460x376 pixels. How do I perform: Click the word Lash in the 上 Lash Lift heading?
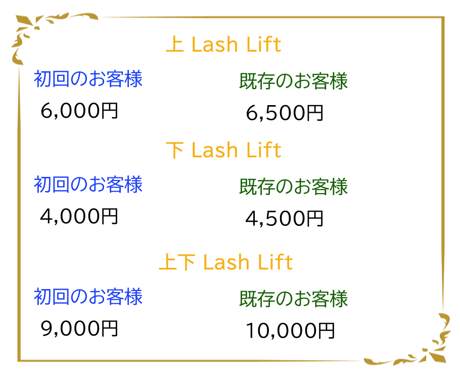[x=215, y=45]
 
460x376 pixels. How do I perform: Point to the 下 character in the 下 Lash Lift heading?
[x=175, y=150]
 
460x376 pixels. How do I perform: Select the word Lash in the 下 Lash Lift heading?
[x=215, y=151]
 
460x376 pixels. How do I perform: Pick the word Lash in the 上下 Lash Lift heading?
[x=226, y=263]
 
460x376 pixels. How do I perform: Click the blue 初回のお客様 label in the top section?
[x=88, y=79]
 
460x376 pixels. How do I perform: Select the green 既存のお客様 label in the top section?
[x=293, y=81]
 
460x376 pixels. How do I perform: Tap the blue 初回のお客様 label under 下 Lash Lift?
[x=88, y=184]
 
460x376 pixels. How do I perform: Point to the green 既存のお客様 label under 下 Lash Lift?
[x=293, y=186]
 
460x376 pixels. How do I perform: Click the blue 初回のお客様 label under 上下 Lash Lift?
[x=88, y=297]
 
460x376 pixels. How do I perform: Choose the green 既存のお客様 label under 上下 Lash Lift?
[x=293, y=299]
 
